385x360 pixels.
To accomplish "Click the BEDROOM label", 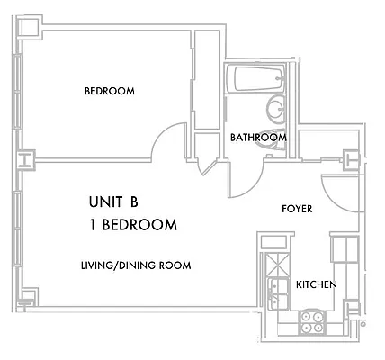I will [x=109, y=92].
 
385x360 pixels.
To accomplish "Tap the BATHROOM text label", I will [x=258, y=138].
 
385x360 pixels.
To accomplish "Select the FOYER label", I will [x=297, y=209].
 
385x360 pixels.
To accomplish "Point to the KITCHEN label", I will [x=317, y=284].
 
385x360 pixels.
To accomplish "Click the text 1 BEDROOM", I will [x=132, y=225].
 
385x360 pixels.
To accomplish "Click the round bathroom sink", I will [x=275, y=111].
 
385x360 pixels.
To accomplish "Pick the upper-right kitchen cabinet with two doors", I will [x=343, y=247].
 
